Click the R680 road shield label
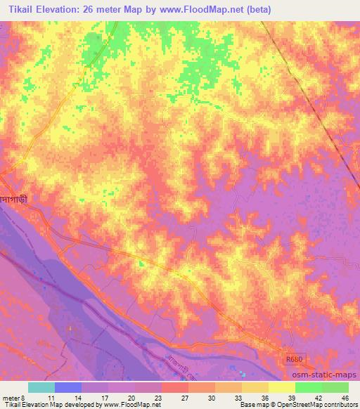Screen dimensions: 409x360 (295, 358)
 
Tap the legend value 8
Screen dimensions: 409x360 (23, 397)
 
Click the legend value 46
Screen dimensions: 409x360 (345, 397)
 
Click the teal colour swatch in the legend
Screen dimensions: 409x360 (41, 387)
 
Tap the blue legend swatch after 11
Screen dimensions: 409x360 (67, 387)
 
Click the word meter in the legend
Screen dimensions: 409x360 (11, 397)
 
